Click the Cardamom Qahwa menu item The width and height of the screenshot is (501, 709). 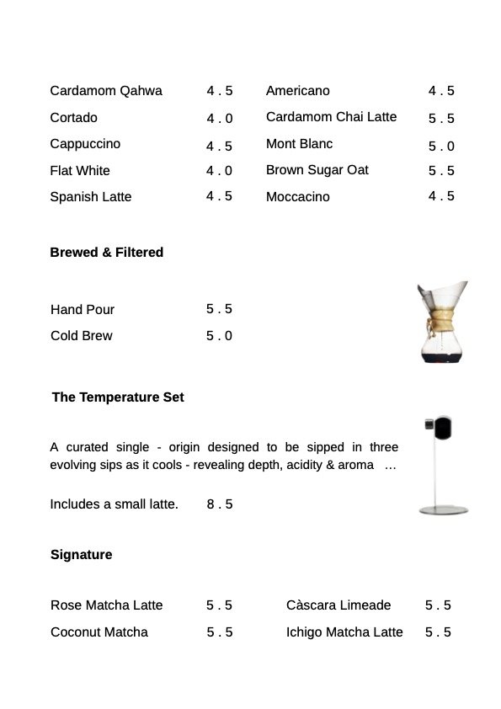106,91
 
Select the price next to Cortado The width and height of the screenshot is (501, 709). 220,119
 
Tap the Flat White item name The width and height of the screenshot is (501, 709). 80,171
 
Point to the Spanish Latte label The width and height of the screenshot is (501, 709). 91,197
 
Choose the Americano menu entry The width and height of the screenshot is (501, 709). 298,91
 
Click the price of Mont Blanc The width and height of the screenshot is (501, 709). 441,146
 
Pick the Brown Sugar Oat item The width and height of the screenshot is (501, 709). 317,170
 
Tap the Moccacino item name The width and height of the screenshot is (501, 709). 298,197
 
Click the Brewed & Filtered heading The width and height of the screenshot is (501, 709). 107,253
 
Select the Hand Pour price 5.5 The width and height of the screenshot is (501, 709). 219,309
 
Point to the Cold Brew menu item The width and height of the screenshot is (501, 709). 82,336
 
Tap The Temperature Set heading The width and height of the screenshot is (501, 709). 118,397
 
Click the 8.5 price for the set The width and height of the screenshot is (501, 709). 219,504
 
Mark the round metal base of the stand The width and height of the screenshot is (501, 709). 444,509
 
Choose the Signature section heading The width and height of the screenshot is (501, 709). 81,555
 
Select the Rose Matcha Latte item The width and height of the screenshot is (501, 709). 107,605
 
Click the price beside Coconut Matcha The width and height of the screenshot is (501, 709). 219,632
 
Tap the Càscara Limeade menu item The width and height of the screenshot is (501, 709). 338,605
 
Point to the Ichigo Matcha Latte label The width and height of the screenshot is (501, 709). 344,632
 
